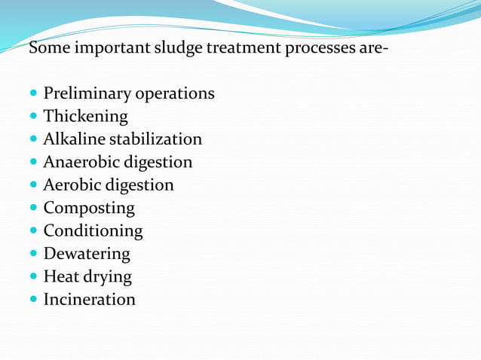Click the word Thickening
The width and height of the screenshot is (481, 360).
pyautogui.click(x=85, y=117)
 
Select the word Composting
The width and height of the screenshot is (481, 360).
pyautogui.click(x=89, y=209)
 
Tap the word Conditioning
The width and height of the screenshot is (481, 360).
pyautogui.click(x=93, y=231)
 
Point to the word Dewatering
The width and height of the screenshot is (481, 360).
pyautogui.click(x=87, y=254)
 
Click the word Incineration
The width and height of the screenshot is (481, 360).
pyautogui.click(x=89, y=300)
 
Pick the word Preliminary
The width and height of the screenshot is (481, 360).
pyautogui.click(x=86, y=94)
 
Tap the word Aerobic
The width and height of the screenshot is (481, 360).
pyautogui.click(x=71, y=185)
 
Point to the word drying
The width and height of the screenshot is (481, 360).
pyautogui.click(x=108, y=277)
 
